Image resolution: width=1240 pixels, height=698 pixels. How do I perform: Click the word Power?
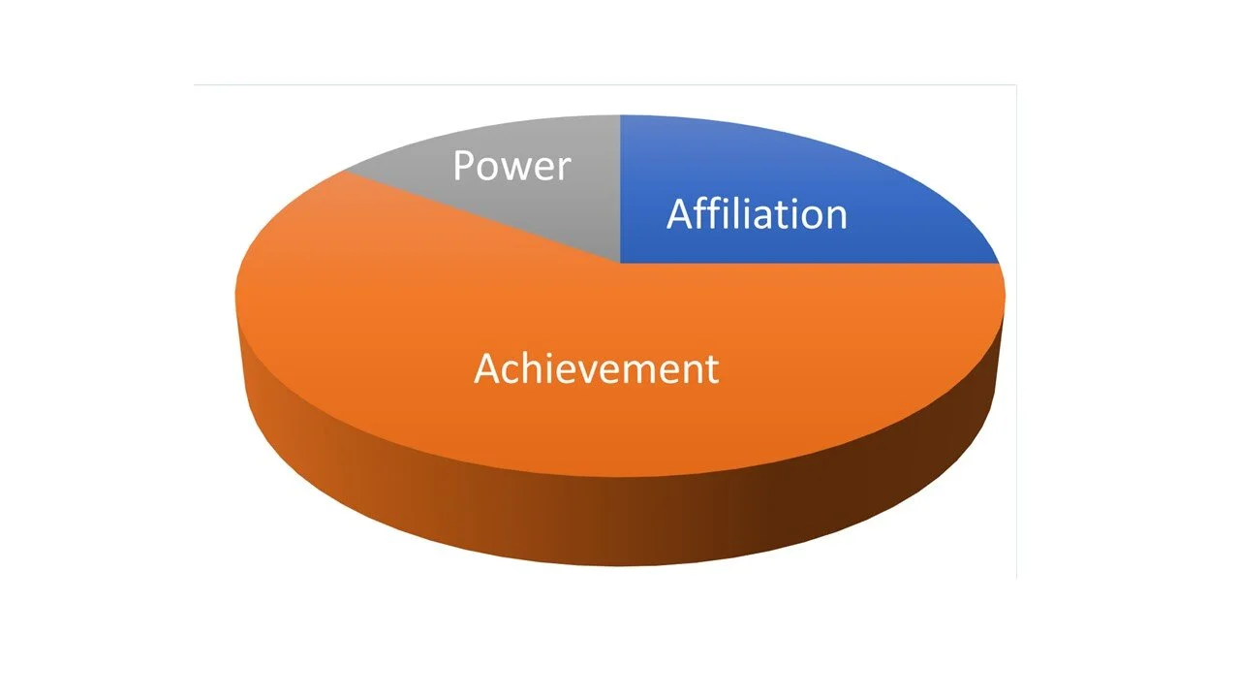[x=511, y=167]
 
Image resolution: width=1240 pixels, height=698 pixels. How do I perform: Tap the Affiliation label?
[x=757, y=214]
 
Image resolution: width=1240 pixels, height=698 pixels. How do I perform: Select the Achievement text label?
[x=596, y=369]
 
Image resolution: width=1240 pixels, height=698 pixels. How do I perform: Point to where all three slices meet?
[x=620, y=263]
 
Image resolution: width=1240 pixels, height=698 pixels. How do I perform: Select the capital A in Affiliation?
[x=681, y=213]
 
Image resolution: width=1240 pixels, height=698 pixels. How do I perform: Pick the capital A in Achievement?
[x=488, y=368]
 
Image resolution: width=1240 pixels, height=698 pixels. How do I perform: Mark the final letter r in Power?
[x=565, y=170]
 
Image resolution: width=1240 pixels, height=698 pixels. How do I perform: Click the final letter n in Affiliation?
[x=837, y=217]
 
